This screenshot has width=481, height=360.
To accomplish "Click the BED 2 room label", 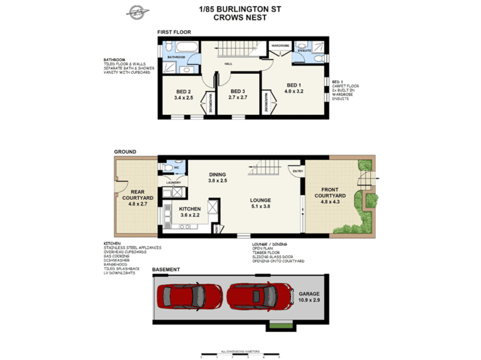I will click(184, 92).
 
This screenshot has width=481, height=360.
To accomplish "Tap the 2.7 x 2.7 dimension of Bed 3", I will click(238, 97).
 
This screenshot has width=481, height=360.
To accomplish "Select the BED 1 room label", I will click(294, 85).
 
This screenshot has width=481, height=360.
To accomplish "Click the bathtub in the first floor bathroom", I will click(187, 47).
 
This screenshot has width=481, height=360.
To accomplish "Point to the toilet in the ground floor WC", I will click(169, 168).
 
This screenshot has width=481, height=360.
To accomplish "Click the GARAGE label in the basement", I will click(309, 294).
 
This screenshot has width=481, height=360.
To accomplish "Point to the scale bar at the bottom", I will click(240, 355).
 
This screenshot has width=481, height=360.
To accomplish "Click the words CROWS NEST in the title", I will click(240, 18).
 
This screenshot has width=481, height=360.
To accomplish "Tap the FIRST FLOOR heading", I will click(174, 32).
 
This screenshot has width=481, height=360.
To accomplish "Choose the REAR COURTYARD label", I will click(138, 195).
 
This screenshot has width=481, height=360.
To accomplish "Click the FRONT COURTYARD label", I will click(330, 193).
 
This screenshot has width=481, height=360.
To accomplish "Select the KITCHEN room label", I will click(190, 209).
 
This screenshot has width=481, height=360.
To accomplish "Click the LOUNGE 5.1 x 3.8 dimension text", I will click(260, 206).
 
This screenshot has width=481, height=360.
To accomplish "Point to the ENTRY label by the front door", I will click(298, 171).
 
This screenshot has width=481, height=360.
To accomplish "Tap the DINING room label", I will click(217, 175).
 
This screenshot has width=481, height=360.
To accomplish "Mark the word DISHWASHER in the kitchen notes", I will click(116, 260).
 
